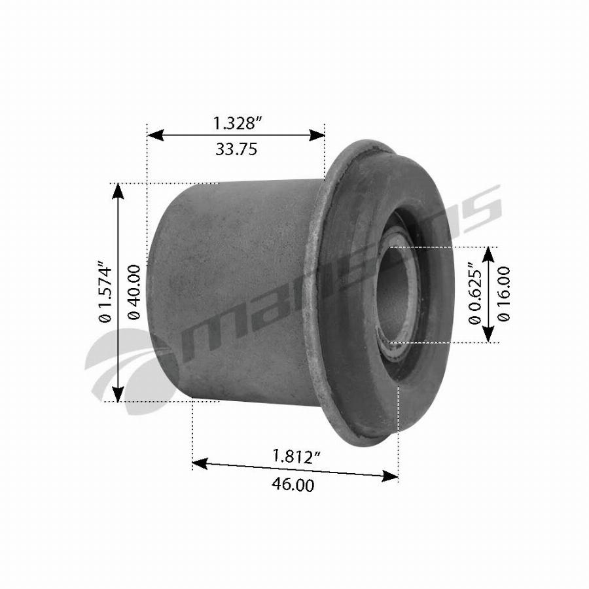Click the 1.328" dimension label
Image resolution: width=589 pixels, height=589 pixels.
click(237, 123)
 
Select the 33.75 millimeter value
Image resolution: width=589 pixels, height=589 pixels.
click(236, 149)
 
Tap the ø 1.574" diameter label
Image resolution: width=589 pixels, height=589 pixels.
click(105, 291)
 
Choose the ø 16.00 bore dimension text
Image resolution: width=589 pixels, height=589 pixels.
click(503, 294)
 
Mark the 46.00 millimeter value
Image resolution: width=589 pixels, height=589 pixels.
click(293, 484)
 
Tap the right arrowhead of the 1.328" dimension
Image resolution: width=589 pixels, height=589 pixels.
click(316, 135)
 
